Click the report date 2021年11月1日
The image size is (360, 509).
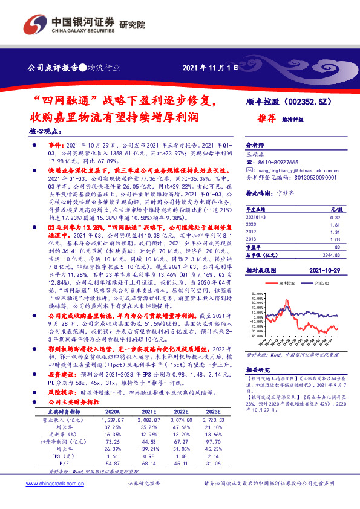pos(206,68)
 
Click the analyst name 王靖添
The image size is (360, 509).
pos(257,155)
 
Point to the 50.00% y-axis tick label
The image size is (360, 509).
pos(257,292)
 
